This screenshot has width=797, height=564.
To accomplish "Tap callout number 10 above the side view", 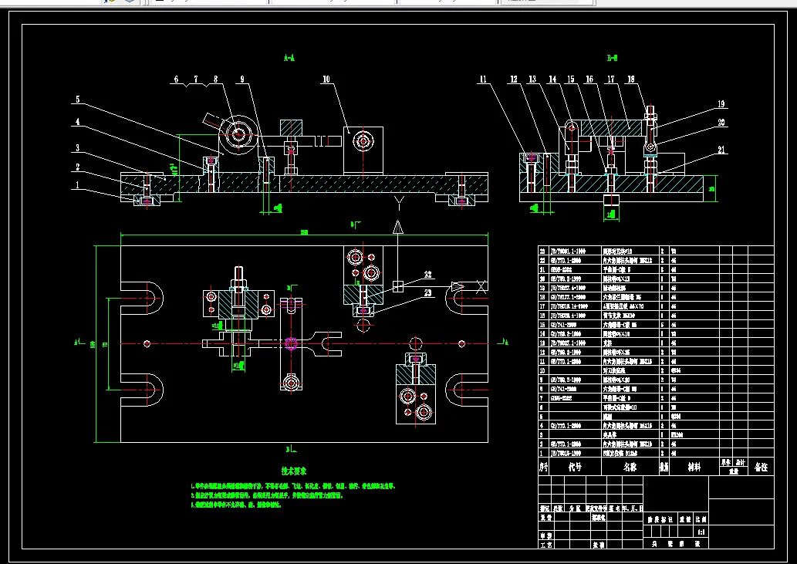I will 326,79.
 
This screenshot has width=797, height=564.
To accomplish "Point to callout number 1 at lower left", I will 77,186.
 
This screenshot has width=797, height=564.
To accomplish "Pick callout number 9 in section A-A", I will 241,79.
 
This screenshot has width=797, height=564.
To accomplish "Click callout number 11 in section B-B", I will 483,79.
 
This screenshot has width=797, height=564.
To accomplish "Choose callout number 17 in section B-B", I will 610,79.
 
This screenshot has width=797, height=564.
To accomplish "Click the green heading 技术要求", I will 294,470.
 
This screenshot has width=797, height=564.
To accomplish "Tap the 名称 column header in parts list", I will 630,467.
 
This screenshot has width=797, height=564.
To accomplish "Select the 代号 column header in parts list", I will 575,467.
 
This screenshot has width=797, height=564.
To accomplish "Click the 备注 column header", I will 762,467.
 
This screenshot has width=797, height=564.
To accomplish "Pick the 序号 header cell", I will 544,467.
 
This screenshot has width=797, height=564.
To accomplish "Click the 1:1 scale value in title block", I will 701,532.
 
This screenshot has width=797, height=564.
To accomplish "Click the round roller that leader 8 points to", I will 238,133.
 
